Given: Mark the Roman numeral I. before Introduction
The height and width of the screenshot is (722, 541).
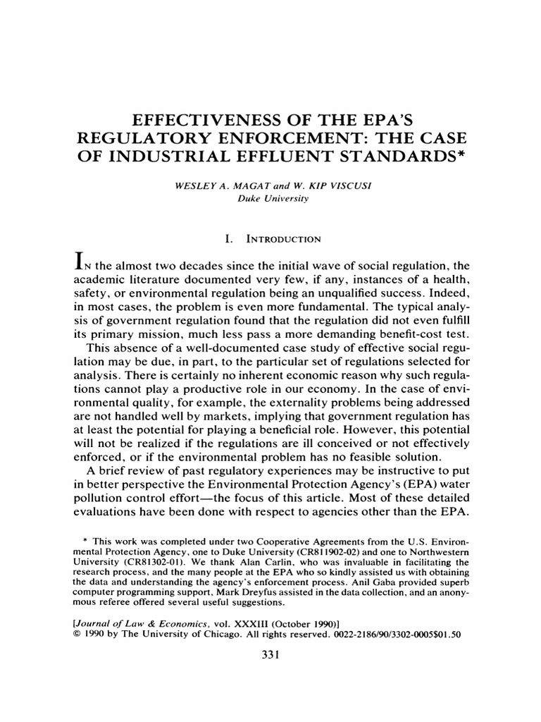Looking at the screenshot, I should (228, 240).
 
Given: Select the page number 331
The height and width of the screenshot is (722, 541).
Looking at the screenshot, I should (270, 654).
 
